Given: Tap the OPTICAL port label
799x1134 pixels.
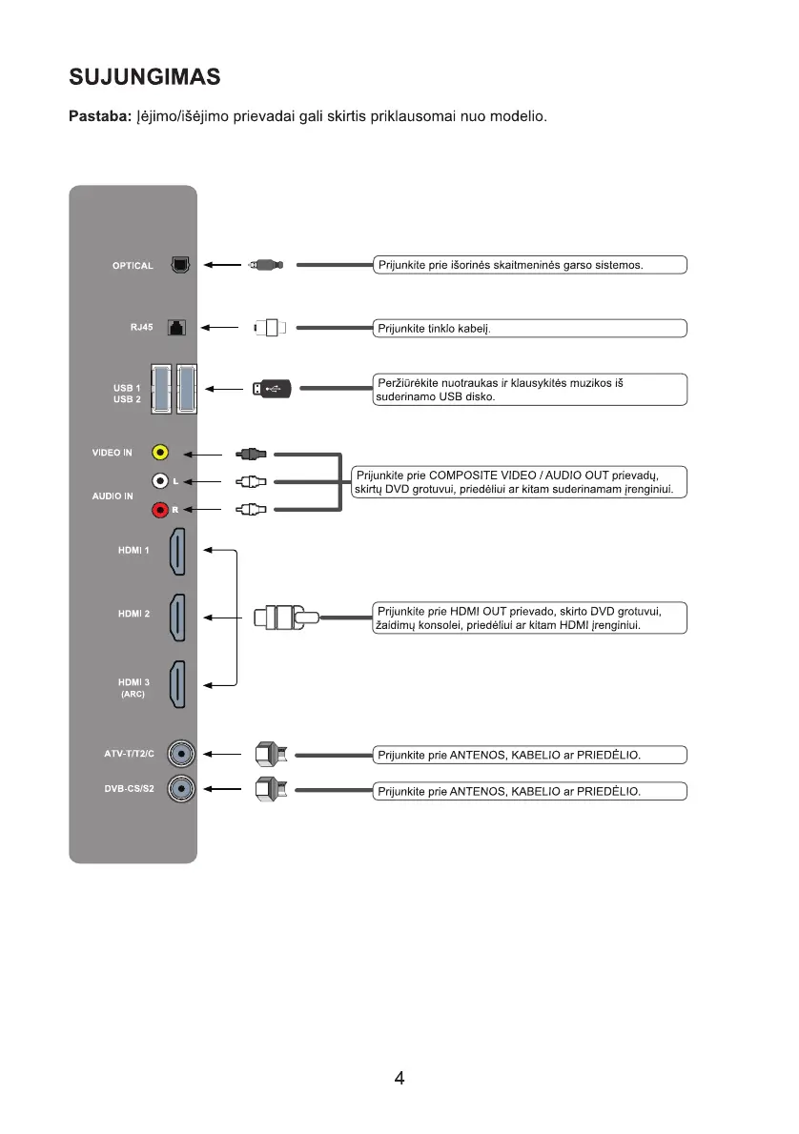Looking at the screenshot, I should click(x=133, y=266).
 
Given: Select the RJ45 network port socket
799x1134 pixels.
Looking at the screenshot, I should click(x=176, y=328).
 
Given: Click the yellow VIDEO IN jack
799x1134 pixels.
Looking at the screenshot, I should click(x=161, y=454).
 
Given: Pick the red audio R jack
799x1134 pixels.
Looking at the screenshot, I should click(x=161, y=511).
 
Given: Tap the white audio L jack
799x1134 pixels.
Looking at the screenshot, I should click(x=161, y=482).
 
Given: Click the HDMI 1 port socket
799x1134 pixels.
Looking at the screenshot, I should click(x=178, y=552).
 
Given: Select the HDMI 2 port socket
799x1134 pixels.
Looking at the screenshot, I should click(x=178, y=618).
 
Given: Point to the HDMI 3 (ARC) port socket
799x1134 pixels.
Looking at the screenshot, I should click(x=178, y=684).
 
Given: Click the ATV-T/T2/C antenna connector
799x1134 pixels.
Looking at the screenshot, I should click(x=181, y=756).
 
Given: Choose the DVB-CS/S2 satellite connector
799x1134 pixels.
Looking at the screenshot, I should click(x=181, y=789).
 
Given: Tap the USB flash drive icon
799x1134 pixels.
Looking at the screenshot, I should click(x=271, y=389).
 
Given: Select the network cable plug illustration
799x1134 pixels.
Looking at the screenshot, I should click(x=271, y=328).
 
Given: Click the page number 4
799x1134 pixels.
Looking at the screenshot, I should click(x=399, y=1079).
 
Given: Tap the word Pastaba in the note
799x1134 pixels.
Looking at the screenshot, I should click(x=98, y=117).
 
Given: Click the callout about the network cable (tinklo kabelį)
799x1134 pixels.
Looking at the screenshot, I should click(x=529, y=329).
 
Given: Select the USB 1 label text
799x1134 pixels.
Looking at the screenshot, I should click(x=127, y=388).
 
